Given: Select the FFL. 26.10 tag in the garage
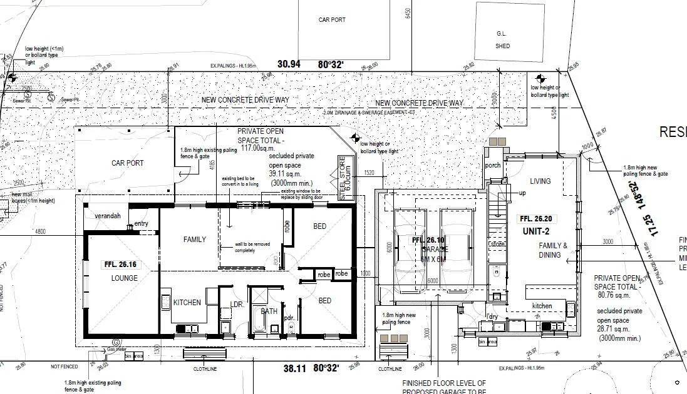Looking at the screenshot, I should pyautogui.click(x=428, y=241).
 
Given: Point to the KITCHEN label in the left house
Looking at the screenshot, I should pyautogui.click(x=187, y=303).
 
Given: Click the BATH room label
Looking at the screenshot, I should pyautogui.click(x=269, y=311).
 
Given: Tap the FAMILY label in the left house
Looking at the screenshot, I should pyautogui.click(x=194, y=240).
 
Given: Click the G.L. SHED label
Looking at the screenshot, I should pyautogui.click(x=502, y=41).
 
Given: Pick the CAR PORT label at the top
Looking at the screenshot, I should pyautogui.click(x=332, y=20).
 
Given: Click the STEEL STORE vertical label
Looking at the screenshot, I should pyautogui.click(x=342, y=177).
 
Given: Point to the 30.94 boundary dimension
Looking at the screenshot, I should pyautogui.click(x=289, y=64).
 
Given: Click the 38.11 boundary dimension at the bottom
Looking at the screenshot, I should pyautogui.click(x=294, y=369).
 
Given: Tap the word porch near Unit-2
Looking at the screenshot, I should pyautogui.click(x=493, y=166).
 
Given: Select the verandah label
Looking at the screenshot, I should pyautogui.click(x=106, y=215).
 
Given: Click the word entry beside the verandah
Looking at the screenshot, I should pyautogui.click(x=141, y=224).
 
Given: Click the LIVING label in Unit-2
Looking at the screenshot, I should pyautogui.click(x=540, y=181).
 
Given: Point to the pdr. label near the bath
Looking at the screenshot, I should pyautogui.click(x=289, y=318).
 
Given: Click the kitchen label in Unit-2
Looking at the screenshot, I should pyautogui.click(x=542, y=306).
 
